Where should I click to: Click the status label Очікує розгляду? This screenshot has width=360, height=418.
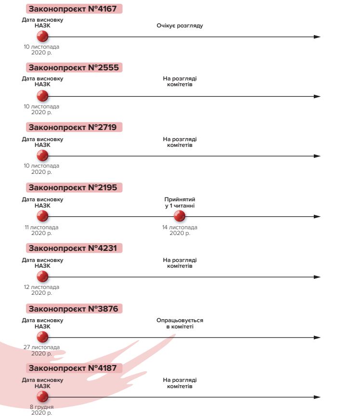pos(180,26)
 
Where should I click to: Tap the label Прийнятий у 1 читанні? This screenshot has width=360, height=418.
pos(180,203)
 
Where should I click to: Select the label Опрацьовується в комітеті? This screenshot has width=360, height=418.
pos(180,323)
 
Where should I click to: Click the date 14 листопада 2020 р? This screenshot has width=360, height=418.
pos(180,230)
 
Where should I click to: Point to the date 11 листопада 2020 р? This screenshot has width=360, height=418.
pos(42,230)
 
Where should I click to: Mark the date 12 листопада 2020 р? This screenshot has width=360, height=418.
pos(42,290)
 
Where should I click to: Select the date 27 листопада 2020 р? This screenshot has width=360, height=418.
pos(42,350)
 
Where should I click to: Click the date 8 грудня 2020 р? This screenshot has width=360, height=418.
pos(42,410)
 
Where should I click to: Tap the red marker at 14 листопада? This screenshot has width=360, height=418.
pos(180,217)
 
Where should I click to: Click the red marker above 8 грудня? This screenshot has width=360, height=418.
pos(42,397)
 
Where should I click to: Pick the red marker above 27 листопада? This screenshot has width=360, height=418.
pos(42,337)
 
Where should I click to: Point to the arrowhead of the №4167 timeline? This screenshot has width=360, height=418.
pos(317,37)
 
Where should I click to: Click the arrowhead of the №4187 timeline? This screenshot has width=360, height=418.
pos(317,397)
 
